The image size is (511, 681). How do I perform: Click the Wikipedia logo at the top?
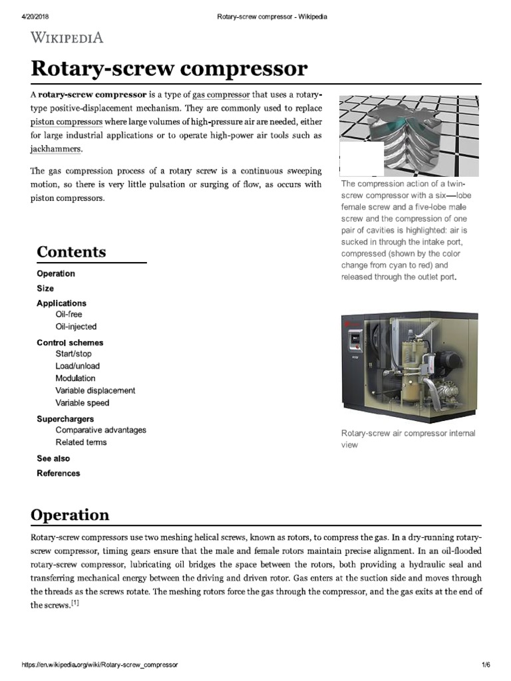tap(67, 37)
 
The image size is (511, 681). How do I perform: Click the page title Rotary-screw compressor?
tap(169, 68)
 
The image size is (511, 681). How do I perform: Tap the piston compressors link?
tap(66, 122)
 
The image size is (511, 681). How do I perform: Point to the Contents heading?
tap(71, 252)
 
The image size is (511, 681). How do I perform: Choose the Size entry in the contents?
tap(45, 289)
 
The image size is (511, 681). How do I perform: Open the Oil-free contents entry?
tap(69, 314)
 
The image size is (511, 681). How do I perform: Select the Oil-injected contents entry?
tap(76, 327)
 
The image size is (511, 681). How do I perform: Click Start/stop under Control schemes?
tap(73, 354)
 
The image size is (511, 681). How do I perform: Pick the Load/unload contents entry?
tap(77, 366)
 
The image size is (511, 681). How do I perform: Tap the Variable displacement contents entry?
tap(95, 390)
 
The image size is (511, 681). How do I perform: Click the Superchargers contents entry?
tap(65, 419)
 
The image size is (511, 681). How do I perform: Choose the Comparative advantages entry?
tap(100, 430)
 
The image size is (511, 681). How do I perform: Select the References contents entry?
tap(58, 474)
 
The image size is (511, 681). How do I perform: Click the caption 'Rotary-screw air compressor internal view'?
tap(408, 439)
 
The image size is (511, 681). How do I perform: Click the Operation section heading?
tap(71, 515)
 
